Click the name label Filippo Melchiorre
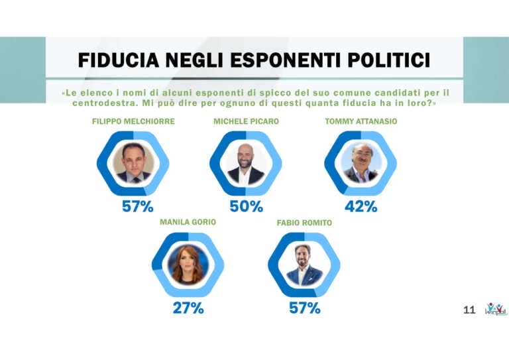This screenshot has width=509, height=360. (x=133, y=122)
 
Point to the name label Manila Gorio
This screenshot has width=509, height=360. (x=188, y=222)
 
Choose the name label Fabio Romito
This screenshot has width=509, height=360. (x=304, y=223)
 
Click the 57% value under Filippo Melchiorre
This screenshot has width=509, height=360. (x=137, y=206)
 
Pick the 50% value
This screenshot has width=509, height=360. (x=246, y=206)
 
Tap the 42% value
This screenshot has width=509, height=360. (x=361, y=206)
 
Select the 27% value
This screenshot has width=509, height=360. (x=188, y=308)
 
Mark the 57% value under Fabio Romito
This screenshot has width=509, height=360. (x=305, y=308)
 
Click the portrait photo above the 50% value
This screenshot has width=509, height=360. (x=246, y=163)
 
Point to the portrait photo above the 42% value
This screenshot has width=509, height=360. (x=361, y=163)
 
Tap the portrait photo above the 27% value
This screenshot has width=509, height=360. (x=188, y=264)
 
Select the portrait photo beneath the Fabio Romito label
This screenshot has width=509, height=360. (x=304, y=264)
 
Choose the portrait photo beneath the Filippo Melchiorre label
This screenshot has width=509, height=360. (x=133, y=163)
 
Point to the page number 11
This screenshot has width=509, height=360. (x=469, y=310)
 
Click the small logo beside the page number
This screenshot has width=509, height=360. (x=495, y=309)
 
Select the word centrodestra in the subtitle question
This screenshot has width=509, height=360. (x=84, y=103)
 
